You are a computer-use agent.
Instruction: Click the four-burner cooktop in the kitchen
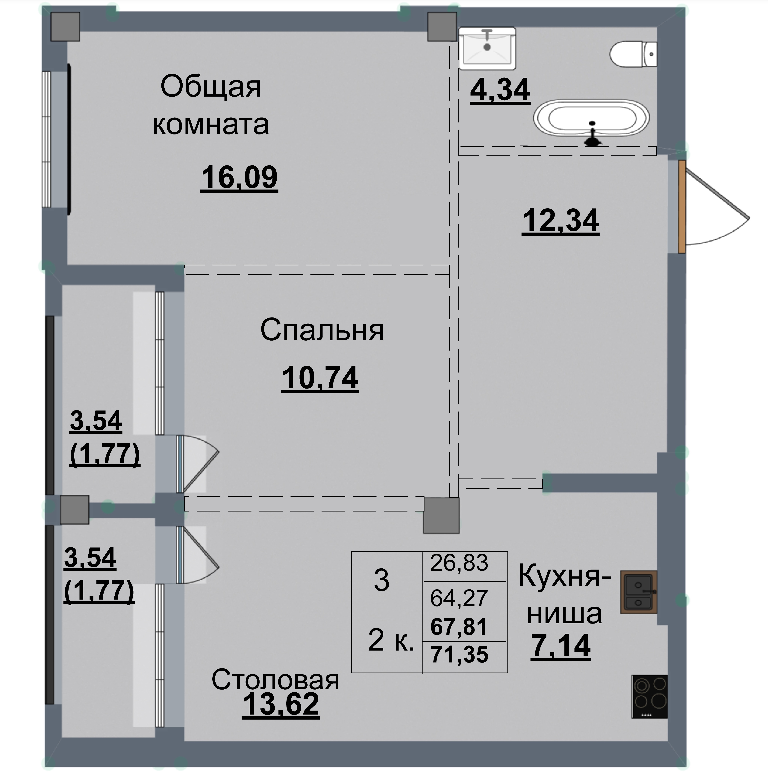click(649, 696)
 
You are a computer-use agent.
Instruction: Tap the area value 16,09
click(239, 177)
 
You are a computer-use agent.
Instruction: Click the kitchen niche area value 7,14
click(561, 645)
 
